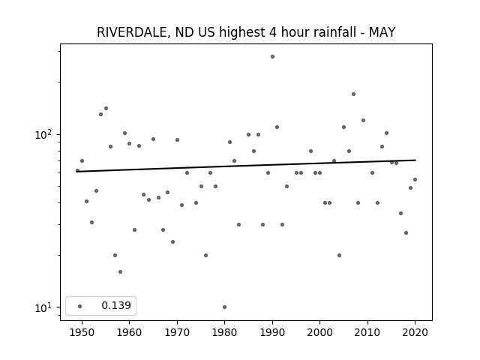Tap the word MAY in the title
click(x=382, y=32)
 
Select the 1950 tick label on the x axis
click(x=82, y=332)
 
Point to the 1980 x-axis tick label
click(x=225, y=332)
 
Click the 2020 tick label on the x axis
click(x=415, y=332)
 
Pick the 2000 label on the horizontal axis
click(x=320, y=332)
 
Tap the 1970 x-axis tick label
click(x=177, y=332)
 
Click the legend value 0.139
click(x=116, y=305)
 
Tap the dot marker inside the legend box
click(x=80, y=306)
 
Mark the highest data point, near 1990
click(x=272, y=57)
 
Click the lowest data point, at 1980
click(x=225, y=307)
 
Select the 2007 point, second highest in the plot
click(x=353, y=94)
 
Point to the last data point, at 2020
click(x=415, y=180)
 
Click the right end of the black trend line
click(x=415, y=160)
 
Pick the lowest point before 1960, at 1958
click(x=120, y=271)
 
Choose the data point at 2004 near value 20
click(x=339, y=255)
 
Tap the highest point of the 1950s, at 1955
click(x=106, y=108)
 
